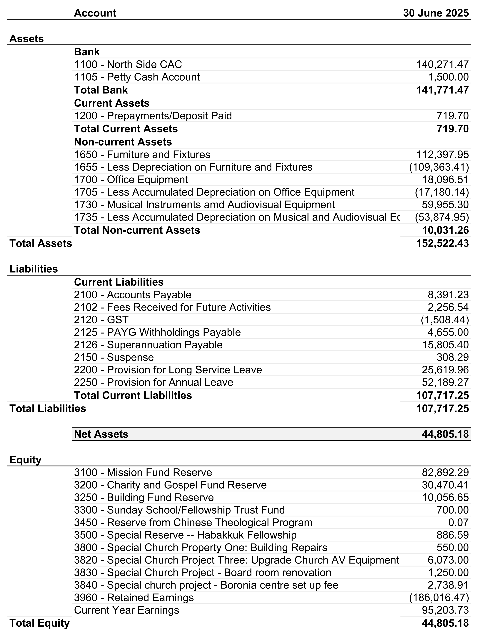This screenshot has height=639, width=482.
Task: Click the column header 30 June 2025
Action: pyautogui.click(x=436, y=13)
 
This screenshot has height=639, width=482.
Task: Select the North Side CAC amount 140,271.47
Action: pyautogui.click(x=442, y=64)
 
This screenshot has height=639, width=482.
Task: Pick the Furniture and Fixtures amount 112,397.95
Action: pyautogui.click(x=442, y=155)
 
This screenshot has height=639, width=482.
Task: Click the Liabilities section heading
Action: pyautogui.click(x=33, y=269)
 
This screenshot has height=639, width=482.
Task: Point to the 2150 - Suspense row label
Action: pyautogui.click(x=114, y=357)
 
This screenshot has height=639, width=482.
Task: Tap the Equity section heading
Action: pyautogui.click(x=25, y=460)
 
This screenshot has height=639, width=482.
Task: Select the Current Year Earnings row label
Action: pyautogui.click(x=127, y=610)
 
